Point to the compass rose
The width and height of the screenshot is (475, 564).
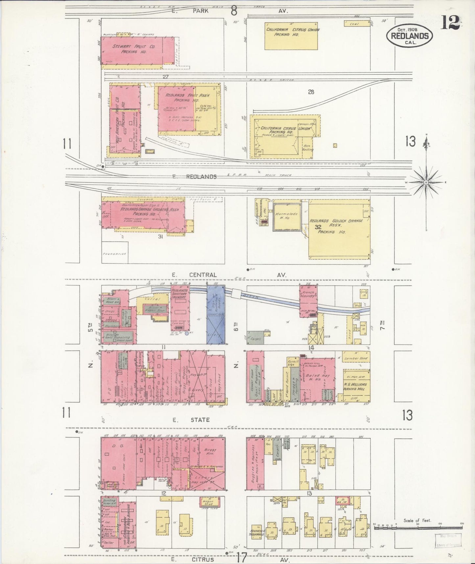[x=426, y=182]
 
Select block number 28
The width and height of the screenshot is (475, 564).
[x=311, y=92]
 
